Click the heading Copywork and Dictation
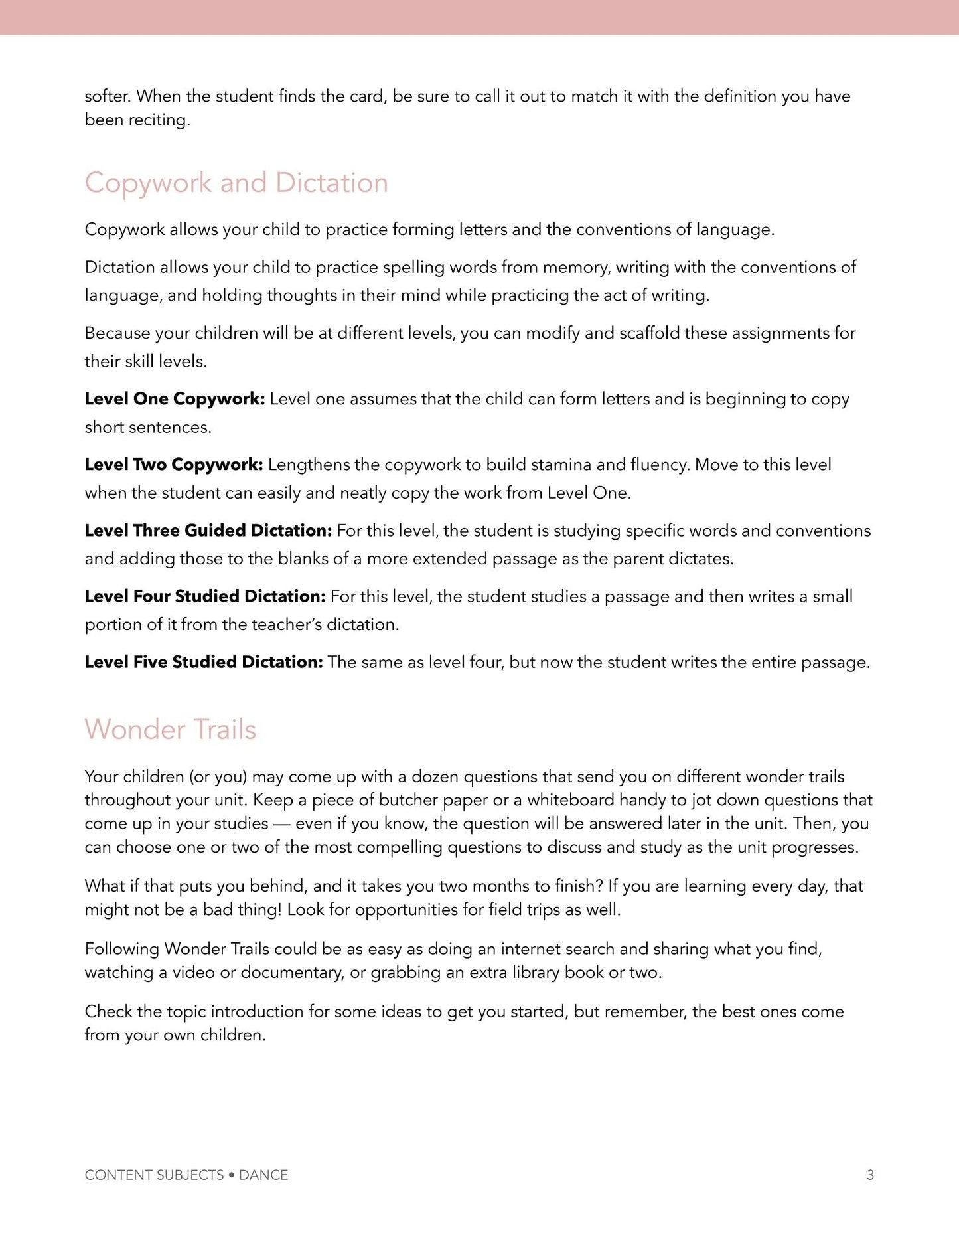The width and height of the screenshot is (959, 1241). (236, 183)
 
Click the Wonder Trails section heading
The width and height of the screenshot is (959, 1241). (170, 729)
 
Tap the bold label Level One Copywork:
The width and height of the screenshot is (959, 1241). (175, 398)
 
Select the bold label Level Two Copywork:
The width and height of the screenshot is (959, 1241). (174, 464)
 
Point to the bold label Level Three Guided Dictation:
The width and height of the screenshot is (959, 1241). (208, 530)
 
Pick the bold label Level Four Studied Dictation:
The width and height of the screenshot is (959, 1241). (204, 596)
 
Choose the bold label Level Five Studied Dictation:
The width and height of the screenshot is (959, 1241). (203, 661)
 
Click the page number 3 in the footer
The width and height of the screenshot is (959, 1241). (870, 1175)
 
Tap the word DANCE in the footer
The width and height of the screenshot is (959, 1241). (263, 1175)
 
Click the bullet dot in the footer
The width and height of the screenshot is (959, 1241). (231, 1175)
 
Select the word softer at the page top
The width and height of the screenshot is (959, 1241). (108, 96)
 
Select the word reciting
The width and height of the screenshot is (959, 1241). (159, 120)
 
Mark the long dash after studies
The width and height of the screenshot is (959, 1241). (282, 824)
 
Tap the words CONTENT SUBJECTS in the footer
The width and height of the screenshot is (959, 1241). (154, 1175)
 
